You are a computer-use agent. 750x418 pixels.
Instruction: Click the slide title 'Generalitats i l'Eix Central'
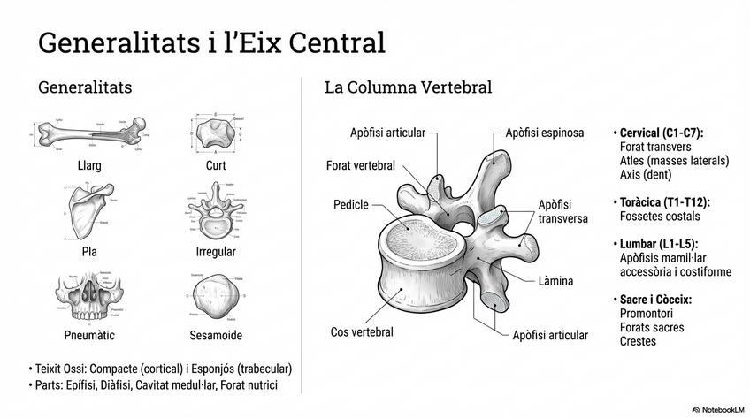pyautogui.click(x=211, y=42)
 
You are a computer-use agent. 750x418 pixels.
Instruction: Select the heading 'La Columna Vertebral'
pyautogui.click(x=408, y=87)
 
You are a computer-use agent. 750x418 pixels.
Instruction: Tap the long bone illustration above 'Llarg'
pyautogui.click(x=88, y=135)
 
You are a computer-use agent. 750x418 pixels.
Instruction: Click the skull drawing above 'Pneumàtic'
pyautogui.click(x=88, y=300)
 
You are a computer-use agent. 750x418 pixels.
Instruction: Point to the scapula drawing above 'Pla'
pyautogui.click(x=88, y=209)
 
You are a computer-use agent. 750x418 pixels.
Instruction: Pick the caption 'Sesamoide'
pyautogui.click(x=216, y=335)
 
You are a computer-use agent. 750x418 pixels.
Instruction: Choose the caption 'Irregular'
pyautogui.click(x=216, y=252)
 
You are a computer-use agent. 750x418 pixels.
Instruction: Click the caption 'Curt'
pyautogui.click(x=216, y=165)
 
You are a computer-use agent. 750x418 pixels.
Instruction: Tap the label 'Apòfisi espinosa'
pyautogui.click(x=544, y=133)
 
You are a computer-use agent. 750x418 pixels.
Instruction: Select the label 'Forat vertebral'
pyautogui.click(x=360, y=165)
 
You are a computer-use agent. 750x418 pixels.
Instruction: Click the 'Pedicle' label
pyautogui.click(x=350, y=205)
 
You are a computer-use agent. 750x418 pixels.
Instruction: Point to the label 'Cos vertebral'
pyautogui.click(x=362, y=332)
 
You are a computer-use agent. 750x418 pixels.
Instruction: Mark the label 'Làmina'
pyautogui.click(x=555, y=281)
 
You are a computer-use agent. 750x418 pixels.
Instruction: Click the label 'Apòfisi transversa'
pyautogui.click(x=562, y=212)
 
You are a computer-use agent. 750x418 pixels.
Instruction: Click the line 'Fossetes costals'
pyautogui.click(x=660, y=216)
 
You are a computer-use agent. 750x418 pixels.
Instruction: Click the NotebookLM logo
pyautogui.click(x=716, y=410)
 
